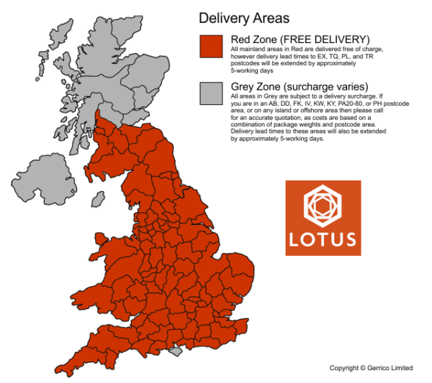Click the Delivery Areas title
(x=244, y=17)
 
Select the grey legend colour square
(x=211, y=93)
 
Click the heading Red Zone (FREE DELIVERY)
(x=300, y=38)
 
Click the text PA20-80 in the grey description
(x=356, y=104)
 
